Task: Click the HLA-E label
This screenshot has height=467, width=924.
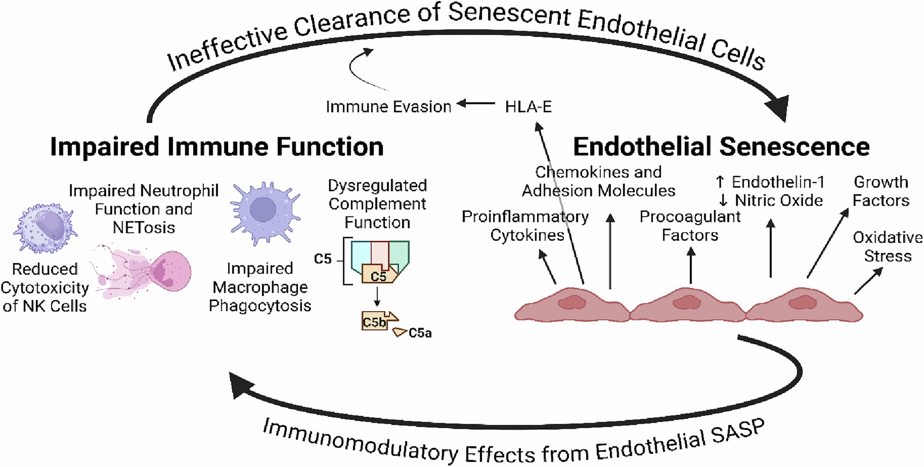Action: pyautogui.click(x=528, y=107)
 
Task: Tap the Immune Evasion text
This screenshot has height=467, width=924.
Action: pyautogui.click(x=388, y=107)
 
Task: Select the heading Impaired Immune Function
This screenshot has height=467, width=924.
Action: pyautogui.click(x=216, y=146)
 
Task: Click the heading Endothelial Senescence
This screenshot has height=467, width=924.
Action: pyautogui.click(x=721, y=146)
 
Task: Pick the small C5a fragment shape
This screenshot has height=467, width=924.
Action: pyautogui.click(x=400, y=332)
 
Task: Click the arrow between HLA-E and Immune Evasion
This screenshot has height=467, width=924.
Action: pyautogui.click(x=476, y=104)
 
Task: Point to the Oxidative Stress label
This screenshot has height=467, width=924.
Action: pyautogui.click(x=888, y=247)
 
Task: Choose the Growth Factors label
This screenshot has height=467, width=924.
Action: pyautogui.click(x=881, y=191)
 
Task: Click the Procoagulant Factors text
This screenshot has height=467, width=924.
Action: pyautogui.click(x=690, y=226)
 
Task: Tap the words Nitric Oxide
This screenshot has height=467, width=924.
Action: pyautogui.click(x=778, y=201)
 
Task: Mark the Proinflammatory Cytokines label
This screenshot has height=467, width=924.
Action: pyautogui.click(x=525, y=226)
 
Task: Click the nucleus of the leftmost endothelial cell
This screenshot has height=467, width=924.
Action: pyautogui.click(x=571, y=303)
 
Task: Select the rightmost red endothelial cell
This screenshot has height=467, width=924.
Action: pyautogui.click(x=804, y=306)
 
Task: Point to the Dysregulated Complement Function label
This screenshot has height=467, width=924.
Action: pyautogui.click(x=377, y=204)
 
